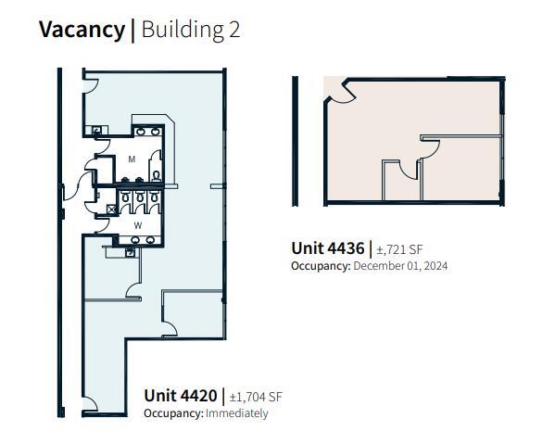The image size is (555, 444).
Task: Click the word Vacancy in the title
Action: click(x=81, y=29)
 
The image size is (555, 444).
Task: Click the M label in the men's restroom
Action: click(x=132, y=159)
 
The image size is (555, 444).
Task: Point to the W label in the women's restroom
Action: click(x=137, y=224)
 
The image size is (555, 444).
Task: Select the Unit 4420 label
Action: click(x=180, y=396)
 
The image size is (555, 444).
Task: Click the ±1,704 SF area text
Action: click(x=256, y=397)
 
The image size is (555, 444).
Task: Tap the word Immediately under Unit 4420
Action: click(x=237, y=413)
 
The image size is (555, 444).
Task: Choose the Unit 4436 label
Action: click(x=327, y=248)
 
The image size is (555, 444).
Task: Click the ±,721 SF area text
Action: click(x=400, y=249)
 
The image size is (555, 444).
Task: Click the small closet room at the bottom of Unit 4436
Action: click(x=401, y=182)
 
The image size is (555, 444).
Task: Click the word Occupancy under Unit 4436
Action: click(x=320, y=266)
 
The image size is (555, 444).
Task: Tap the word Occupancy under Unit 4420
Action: click(x=172, y=413)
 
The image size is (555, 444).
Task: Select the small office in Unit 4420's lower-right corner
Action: click(x=193, y=313)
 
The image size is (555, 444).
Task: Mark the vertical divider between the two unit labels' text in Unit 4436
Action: click(x=370, y=248)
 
